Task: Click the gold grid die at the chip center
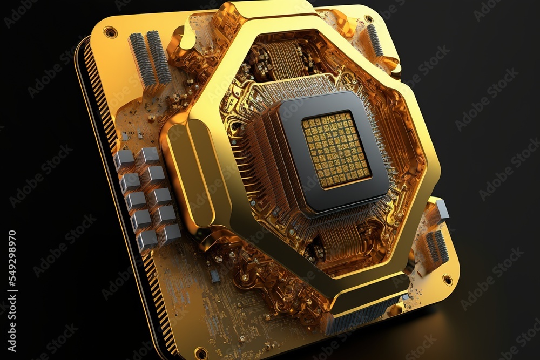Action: (336, 150)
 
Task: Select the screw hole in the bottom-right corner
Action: (447, 279)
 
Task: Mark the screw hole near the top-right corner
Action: (368, 18)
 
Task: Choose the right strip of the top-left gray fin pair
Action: (159, 57)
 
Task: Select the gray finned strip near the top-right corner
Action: (375, 40)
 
